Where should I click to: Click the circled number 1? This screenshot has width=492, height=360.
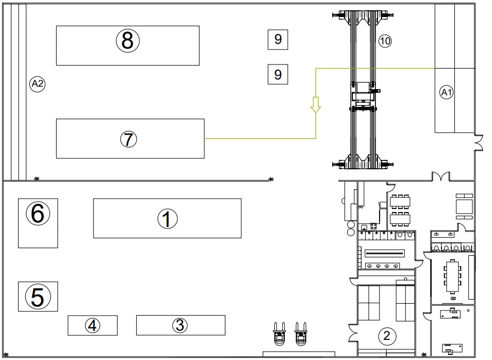pos(167,219)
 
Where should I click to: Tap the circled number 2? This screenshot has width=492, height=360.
pos(387,336)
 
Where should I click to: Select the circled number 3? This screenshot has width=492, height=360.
pos(180,325)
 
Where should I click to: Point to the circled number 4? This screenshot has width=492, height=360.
pos(92,325)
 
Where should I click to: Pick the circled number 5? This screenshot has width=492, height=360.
pos(38,297)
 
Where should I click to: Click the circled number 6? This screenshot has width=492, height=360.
pos(38,214)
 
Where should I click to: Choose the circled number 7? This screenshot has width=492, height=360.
pos(128,139)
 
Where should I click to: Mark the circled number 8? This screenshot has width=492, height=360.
pos(128,41)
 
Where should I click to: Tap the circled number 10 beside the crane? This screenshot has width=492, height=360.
pos(385,41)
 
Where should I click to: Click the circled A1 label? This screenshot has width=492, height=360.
pos(447,92)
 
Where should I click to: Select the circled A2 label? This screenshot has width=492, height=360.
pos(37,84)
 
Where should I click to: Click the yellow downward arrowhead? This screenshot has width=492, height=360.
pos(316,105)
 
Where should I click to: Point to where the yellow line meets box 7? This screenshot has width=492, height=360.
pos(204,138)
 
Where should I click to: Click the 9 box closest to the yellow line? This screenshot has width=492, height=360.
pos(277,74)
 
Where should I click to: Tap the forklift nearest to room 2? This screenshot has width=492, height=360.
pos(301,334)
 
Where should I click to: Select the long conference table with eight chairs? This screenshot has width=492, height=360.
pos(452,276)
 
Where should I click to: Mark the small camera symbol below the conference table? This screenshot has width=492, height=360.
pos(453,299)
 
